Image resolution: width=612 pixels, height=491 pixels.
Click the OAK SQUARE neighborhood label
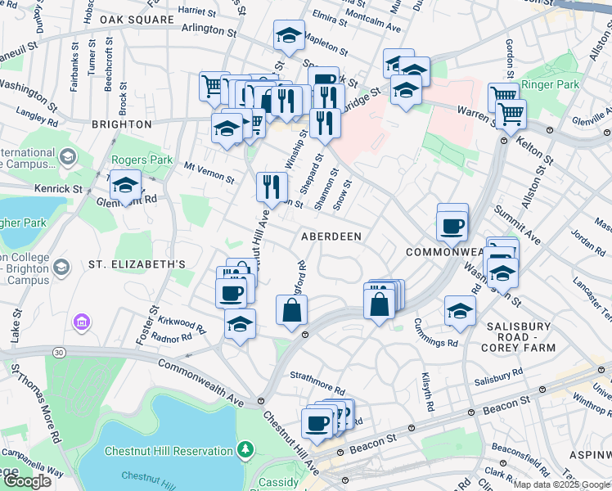(137, 19)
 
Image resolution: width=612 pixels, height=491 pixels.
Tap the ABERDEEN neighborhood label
(331, 236)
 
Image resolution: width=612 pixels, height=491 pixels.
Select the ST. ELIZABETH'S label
(137, 264)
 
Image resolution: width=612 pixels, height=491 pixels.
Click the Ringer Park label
(552, 84)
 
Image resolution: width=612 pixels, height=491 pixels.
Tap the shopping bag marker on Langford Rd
(292, 311)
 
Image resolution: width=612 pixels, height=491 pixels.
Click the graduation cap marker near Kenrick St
(126, 186)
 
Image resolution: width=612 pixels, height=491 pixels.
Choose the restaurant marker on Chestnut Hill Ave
(272, 187)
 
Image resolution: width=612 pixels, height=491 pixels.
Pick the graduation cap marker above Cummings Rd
(460, 312)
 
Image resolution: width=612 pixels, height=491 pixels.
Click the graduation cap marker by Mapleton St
(288, 35)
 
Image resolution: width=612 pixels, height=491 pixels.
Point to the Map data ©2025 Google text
(562, 484)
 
